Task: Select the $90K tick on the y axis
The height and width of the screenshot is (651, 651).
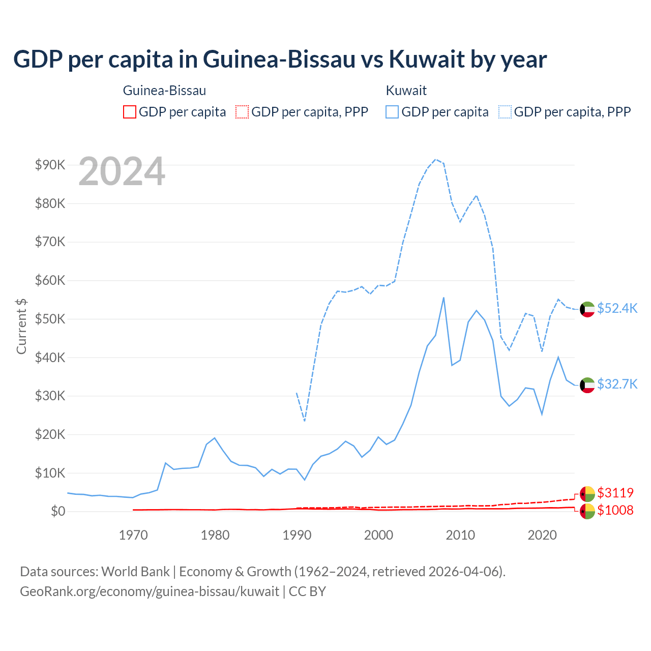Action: (x=50, y=165)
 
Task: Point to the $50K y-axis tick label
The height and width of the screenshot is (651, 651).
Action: (x=50, y=319)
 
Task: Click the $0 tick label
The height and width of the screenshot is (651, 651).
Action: (x=57, y=511)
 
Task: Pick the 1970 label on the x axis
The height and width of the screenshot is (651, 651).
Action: (x=133, y=535)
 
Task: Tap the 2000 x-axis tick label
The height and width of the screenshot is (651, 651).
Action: (x=379, y=535)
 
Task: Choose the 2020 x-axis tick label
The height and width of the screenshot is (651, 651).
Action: (x=542, y=535)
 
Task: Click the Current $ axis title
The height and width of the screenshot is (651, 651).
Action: (x=21, y=326)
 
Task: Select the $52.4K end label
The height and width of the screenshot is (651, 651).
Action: (x=617, y=309)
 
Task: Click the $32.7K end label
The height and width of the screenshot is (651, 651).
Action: (x=617, y=384)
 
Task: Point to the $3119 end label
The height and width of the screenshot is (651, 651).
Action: (x=615, y=493)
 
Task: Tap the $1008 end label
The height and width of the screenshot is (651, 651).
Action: (x=615, y=510)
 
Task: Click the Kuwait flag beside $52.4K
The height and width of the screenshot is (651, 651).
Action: (x=587, y=309)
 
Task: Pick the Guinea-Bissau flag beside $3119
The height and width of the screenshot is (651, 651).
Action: (x=587, y=493)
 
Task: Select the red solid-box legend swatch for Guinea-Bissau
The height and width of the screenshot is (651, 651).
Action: (x=130, y=112)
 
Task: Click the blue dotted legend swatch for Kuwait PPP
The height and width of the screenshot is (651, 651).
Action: (x=505, y=112)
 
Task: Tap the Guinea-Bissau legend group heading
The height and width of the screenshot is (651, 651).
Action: (x=164, y=91)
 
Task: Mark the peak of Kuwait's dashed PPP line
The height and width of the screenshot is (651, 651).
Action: (x=435, y=159)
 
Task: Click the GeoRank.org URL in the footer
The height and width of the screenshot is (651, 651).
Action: (x=150, y=591)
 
